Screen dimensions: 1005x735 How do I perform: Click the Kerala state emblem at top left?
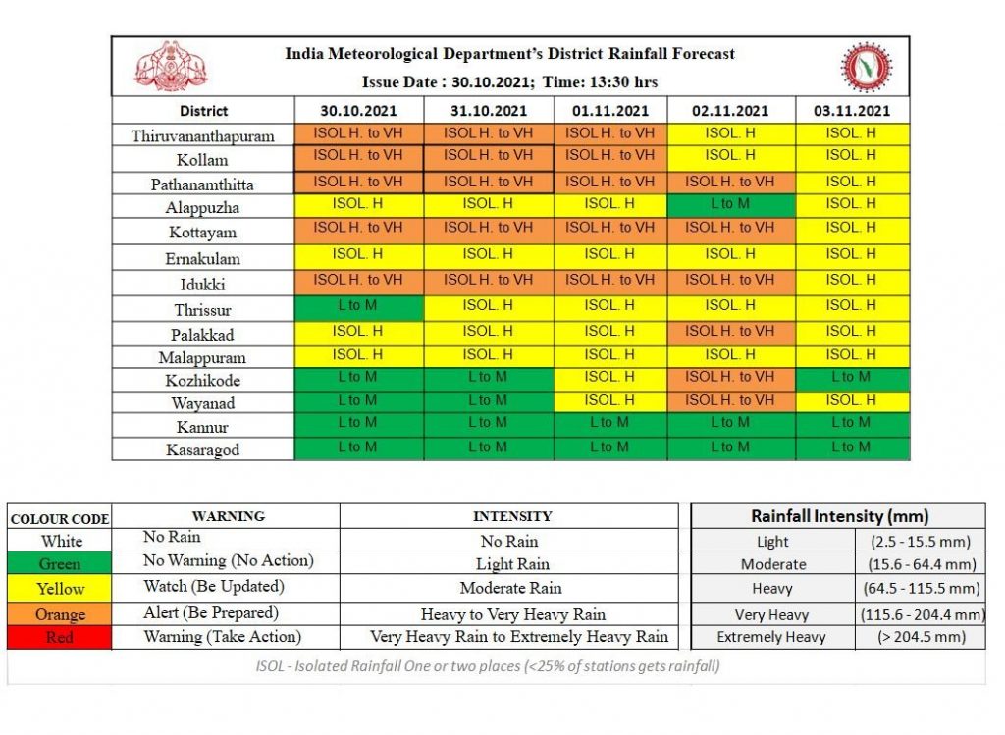[171, 67]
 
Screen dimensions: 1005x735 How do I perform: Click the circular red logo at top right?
[866, 67]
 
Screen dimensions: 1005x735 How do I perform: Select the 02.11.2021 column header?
[730, 111]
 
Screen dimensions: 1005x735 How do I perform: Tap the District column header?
[203, 111]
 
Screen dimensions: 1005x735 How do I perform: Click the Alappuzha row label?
[202, 208]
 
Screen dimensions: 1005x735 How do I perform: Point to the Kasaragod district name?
[202, 449]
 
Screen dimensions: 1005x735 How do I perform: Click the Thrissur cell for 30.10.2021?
[359, 308]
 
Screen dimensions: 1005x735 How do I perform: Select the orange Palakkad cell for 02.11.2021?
[730, 334]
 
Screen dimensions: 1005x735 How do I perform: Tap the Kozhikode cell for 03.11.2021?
[852, 380]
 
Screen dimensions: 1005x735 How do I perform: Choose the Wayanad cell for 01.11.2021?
[610, 402]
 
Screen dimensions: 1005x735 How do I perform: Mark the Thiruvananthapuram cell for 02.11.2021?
[730, 134]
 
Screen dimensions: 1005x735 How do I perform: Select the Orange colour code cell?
[60, 614]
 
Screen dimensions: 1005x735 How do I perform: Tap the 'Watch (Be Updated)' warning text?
[213, 587]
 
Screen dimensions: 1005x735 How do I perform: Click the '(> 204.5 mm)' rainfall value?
[921, 637]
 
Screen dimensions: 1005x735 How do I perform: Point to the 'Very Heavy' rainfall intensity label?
[771, 615]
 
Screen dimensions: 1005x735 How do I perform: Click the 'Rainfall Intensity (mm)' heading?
[840, 516]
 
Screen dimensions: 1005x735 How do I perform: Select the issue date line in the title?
[509, 82]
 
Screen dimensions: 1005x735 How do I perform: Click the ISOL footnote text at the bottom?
[487, 666]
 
